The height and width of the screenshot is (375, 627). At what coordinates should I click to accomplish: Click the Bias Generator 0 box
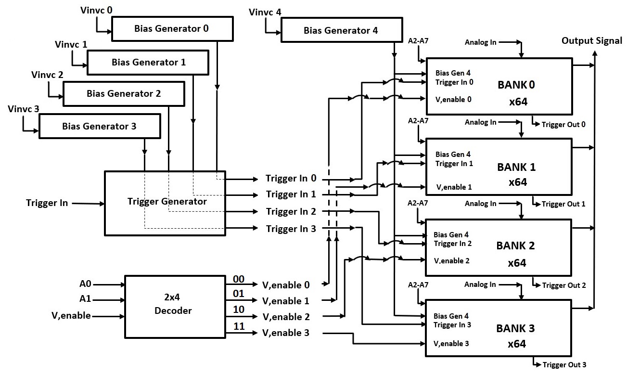(172, 28)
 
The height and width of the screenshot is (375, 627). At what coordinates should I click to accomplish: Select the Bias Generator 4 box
(341, 31)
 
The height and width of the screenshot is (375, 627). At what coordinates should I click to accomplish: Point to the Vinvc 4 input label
(265, 12)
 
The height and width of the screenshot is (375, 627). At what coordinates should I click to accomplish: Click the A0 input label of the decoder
(85, 284)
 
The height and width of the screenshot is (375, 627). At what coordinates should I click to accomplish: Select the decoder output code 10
(239, 310)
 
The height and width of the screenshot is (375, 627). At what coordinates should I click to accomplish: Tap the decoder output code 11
(239, 326)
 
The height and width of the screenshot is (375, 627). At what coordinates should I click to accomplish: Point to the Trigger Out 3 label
(564, 365)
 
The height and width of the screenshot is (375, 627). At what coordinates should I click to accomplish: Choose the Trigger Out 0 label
(563, 125)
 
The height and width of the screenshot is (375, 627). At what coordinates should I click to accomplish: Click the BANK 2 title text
(515, 246)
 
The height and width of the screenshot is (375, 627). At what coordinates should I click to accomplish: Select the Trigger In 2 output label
(291, 211)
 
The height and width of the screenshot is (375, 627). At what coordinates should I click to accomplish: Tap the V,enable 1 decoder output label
(286, 301)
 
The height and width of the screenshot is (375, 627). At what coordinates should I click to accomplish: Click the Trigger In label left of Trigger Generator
(47, 203)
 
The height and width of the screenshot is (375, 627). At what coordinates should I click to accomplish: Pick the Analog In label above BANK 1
(480, 122)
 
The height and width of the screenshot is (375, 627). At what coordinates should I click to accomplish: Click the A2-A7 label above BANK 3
(418, 285)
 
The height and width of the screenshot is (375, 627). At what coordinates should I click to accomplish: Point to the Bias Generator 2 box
(124, 93)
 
